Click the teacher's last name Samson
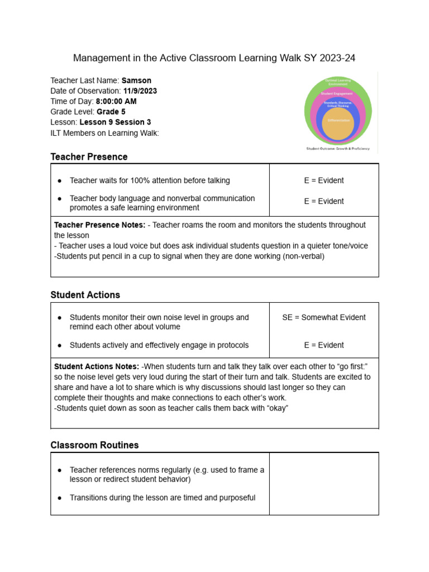[x=136, y=80]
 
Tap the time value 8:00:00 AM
[x=116, y=102]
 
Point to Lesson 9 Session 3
[x=115, y=122]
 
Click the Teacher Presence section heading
[x=89, y=157]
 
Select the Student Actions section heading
[x=85, y=295]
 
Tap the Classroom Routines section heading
[x=94, y=445]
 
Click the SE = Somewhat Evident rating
[x=324, y=317]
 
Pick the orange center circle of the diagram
[x=337, y=121]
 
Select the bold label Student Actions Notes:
[x=97, y=366]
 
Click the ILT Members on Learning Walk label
[x=104, y=133]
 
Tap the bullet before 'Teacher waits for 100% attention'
[x=60, y=181]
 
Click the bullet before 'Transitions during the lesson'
[x=60, y=498]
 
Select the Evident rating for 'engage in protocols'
[x=324, y=345]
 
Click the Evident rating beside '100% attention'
[x=324, y=180]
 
